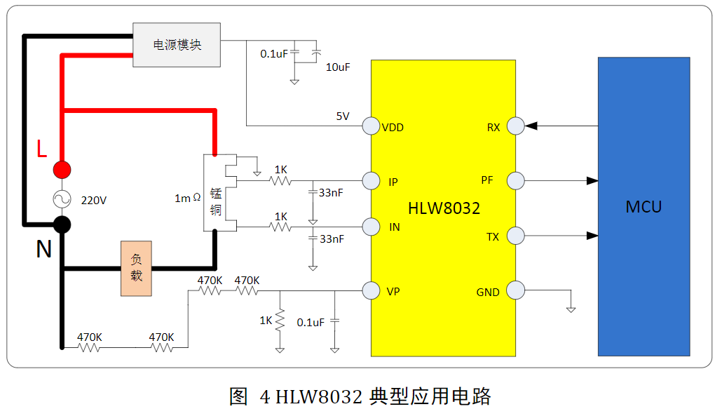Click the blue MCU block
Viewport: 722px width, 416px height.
pos(643,207)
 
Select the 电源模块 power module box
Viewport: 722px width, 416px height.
pos(177,45)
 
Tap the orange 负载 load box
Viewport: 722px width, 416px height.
pos(136,269)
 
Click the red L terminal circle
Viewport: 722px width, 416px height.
pos(62,170)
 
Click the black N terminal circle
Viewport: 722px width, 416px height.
pos(62,224)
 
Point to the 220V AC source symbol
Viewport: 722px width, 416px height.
pos(62,199)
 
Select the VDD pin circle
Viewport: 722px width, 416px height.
pos(371,126)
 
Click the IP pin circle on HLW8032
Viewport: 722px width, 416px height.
pos(371,181)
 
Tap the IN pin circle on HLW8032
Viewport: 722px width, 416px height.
pos(371,227)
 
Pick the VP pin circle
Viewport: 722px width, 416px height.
pos(371,290)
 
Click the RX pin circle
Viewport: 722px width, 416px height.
pos(515,126)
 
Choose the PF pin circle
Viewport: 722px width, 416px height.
pos(515,180)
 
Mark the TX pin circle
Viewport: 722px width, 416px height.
pos(515,236)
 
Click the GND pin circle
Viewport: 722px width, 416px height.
pos(515,290)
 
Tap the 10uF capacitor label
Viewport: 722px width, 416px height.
pos(338,67)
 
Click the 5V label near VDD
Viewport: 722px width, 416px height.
pos(342,116)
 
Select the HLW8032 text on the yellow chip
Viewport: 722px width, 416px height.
pos(444,208)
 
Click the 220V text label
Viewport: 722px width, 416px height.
pos(94,200)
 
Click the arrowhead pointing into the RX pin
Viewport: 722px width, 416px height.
pos(532,126)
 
